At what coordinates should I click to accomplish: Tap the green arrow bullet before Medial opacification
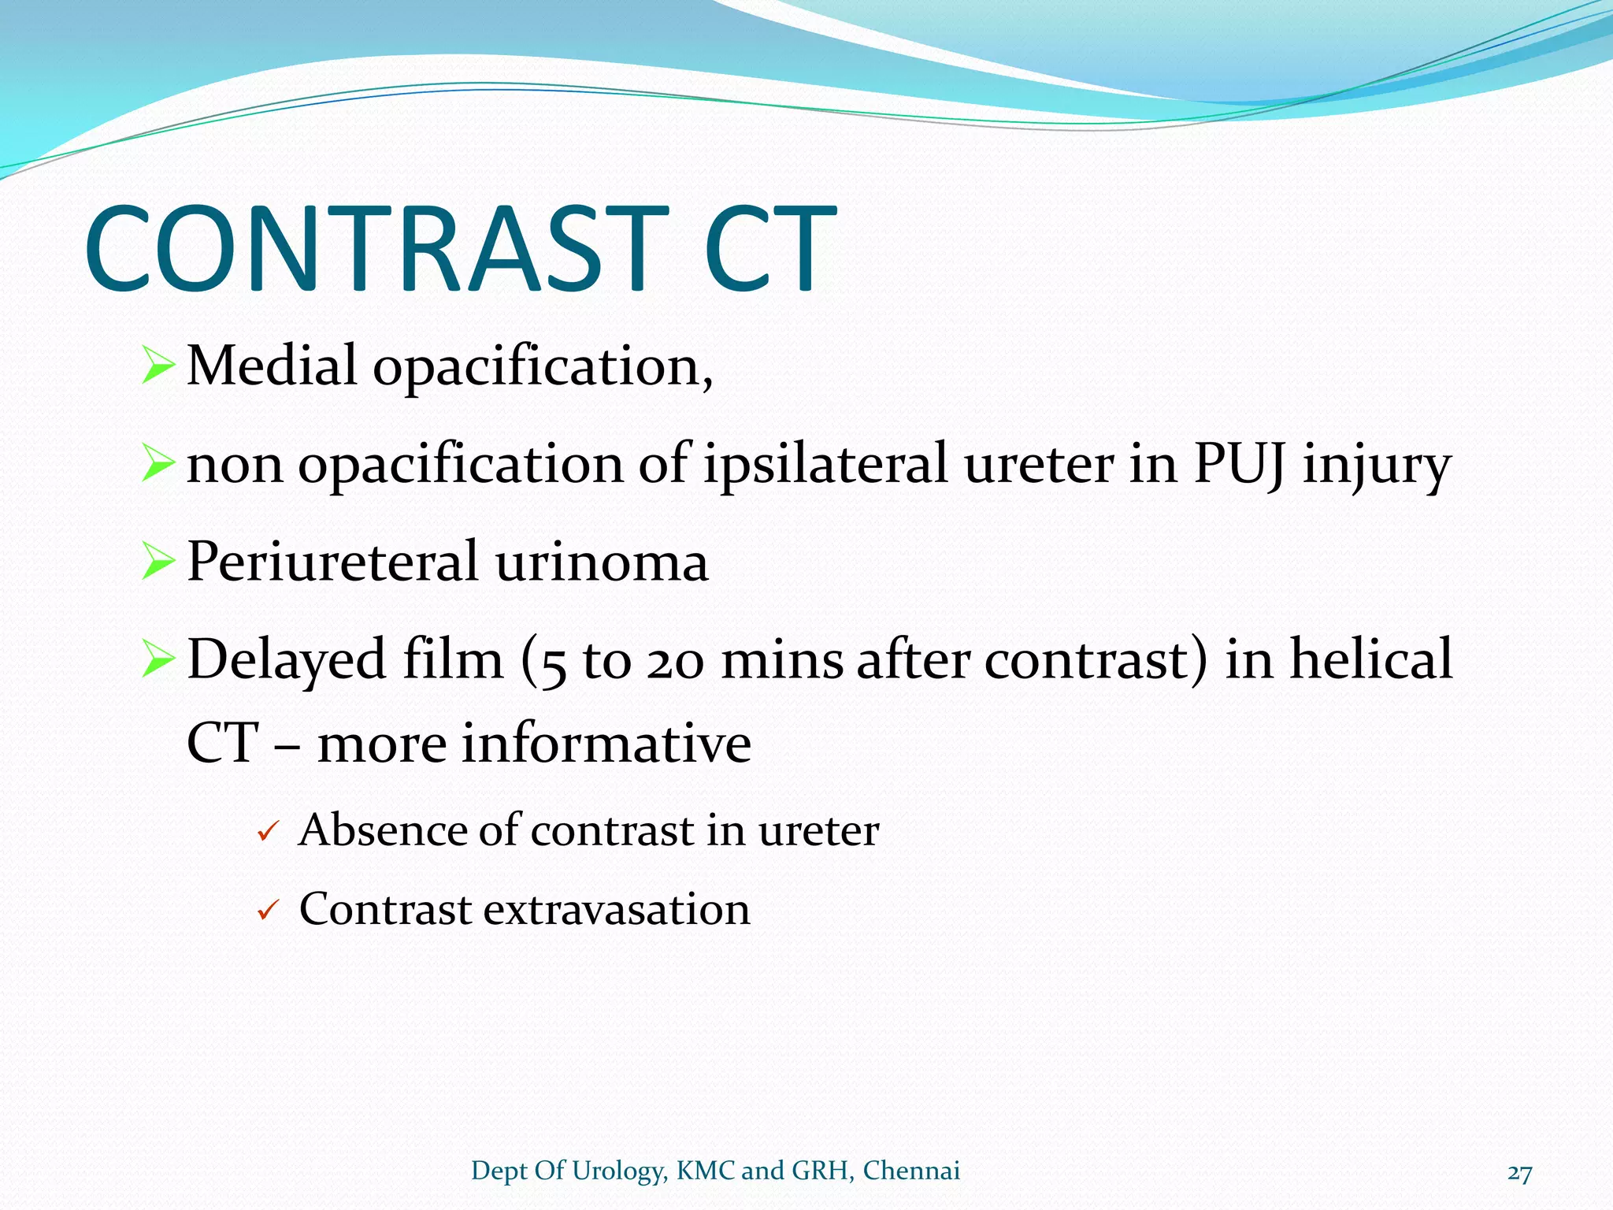pos(158,366)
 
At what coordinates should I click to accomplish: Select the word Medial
pos(272,366)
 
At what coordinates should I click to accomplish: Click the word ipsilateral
pos(825,464)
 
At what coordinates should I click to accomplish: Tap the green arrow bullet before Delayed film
pos(158,660)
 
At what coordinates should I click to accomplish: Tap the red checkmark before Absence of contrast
pos(269,833)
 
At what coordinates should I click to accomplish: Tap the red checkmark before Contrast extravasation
pos(269,912)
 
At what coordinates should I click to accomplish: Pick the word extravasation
pos(617,910)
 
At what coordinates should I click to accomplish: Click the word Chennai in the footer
pos(911,1171)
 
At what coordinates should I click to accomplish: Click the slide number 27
pos(1519,1174)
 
